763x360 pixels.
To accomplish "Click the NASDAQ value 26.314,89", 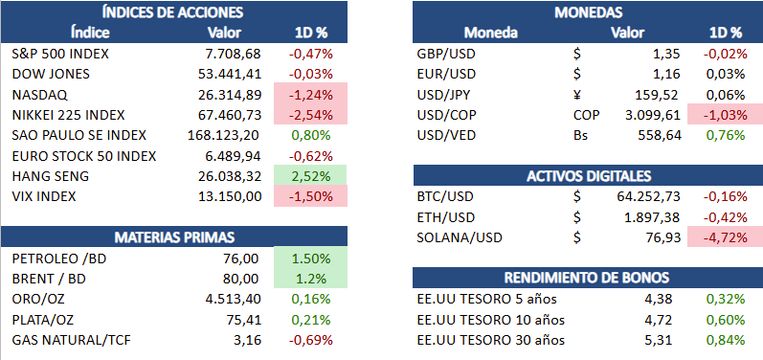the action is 230,95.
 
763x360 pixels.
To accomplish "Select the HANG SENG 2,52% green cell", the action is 310,175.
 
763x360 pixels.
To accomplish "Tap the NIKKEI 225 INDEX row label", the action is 68,115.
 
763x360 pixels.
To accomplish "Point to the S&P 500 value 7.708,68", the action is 233,54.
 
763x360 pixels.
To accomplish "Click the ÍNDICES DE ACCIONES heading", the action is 173,12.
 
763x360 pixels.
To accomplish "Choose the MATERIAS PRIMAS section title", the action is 174,237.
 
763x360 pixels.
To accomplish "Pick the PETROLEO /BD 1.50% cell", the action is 310,259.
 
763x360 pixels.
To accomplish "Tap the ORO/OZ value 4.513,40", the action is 233,299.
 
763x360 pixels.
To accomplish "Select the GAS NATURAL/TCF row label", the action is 71,340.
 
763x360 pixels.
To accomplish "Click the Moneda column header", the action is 490,33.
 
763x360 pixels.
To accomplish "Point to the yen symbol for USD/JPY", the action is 577,95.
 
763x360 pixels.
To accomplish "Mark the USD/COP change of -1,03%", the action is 725,115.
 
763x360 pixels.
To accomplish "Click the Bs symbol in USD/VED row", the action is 580,135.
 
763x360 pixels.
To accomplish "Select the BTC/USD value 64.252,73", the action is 646,196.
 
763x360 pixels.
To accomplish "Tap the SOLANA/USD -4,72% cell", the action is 725,237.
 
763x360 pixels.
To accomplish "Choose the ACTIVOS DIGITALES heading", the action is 589,176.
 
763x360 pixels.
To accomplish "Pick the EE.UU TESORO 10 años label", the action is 491,320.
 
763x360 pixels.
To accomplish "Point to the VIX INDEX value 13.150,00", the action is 230,196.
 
